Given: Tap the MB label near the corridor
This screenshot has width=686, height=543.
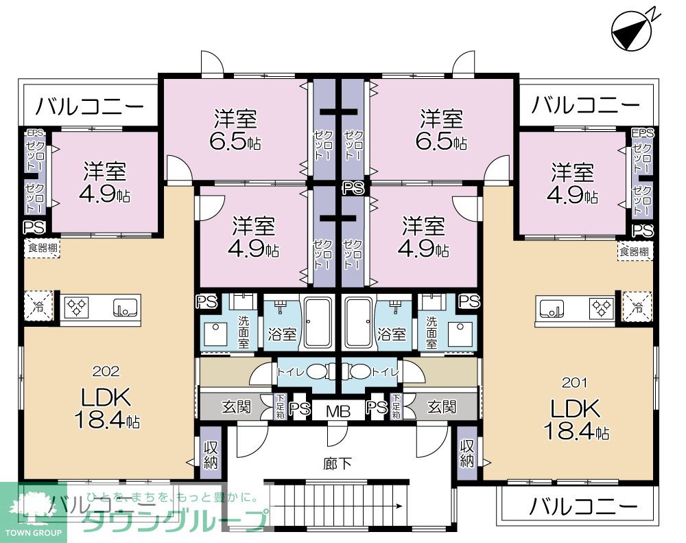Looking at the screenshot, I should (338, 411).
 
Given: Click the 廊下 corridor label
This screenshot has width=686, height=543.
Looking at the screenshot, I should (338, 463).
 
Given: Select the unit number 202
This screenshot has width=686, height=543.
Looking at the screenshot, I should (106, 371).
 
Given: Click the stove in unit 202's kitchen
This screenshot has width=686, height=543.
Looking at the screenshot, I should (77, 307).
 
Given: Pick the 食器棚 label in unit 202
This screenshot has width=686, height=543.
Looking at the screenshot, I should (43, 249).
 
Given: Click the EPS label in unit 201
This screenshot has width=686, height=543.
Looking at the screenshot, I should (643, 133).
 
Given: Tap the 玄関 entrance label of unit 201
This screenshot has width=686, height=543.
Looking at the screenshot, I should (442, 406).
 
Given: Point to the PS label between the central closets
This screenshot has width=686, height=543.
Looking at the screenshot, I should (353, 187).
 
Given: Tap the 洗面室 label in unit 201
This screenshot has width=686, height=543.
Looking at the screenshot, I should (431, 332).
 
